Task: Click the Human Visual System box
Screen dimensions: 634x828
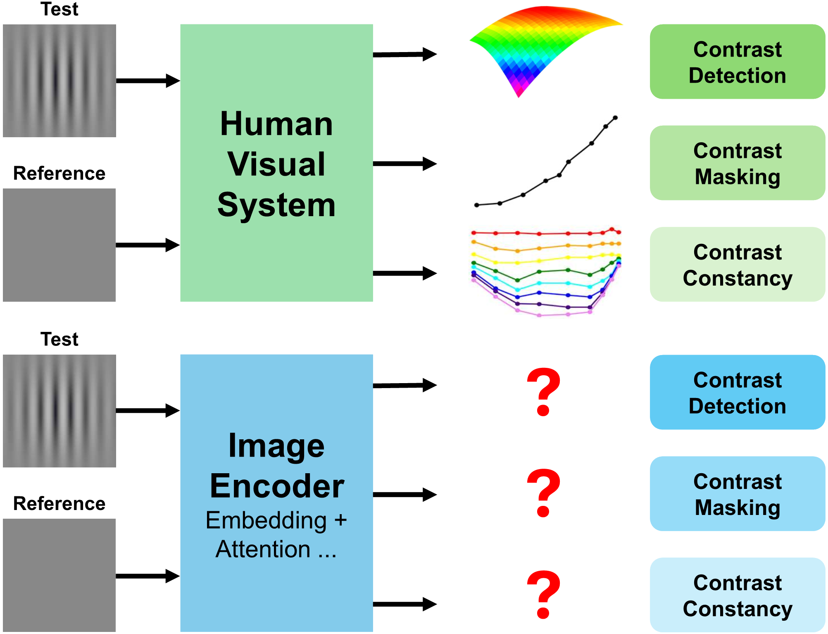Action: [276, 163]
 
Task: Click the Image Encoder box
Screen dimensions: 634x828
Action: [276, 493]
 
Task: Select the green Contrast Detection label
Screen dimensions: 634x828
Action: [737, 62]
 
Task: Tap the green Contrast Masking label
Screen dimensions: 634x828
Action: [737, 163]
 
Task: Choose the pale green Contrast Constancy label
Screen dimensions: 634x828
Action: [737, 265]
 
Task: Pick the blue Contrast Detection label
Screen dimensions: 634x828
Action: [737, 393]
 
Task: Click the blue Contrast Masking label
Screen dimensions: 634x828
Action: [737, 494]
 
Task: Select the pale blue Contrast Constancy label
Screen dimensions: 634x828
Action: [737, 595]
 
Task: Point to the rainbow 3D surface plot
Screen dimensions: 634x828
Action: [537, 45]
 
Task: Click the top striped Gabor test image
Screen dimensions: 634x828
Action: [59, 81]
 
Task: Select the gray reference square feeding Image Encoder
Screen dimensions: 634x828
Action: [59, 575]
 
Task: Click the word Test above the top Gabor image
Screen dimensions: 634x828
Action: [59, 9]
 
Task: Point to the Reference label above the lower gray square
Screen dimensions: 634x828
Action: [59, 503]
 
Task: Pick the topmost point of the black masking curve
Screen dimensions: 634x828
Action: [615, 118]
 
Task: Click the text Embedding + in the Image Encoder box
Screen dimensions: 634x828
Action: [276, 520]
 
